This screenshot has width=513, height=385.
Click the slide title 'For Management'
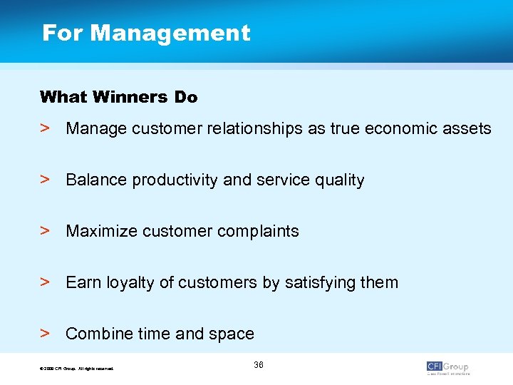pyautogui.click(x=146, y=33)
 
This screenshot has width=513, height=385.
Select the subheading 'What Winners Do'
pyautogui.click(x=118, y=97)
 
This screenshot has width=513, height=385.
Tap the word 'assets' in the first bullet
pyautogui.click(x=467, y=129)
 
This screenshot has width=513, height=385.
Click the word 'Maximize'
pyautogui.click(x=101, y=232)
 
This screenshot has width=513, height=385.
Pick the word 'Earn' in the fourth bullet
pyautogui.click(x=83, y=283)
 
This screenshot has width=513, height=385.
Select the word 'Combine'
pyautogui.click(x=98, y=334)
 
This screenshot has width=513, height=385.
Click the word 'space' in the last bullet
pyautogui.click(x=231, y=334)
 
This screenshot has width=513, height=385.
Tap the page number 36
pyautogui.click(x=258, y=365)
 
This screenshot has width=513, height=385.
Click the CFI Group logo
pyautogui.click(x=447, y=367)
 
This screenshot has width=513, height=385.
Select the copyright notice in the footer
pyautogui.click(x=76, y=369)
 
